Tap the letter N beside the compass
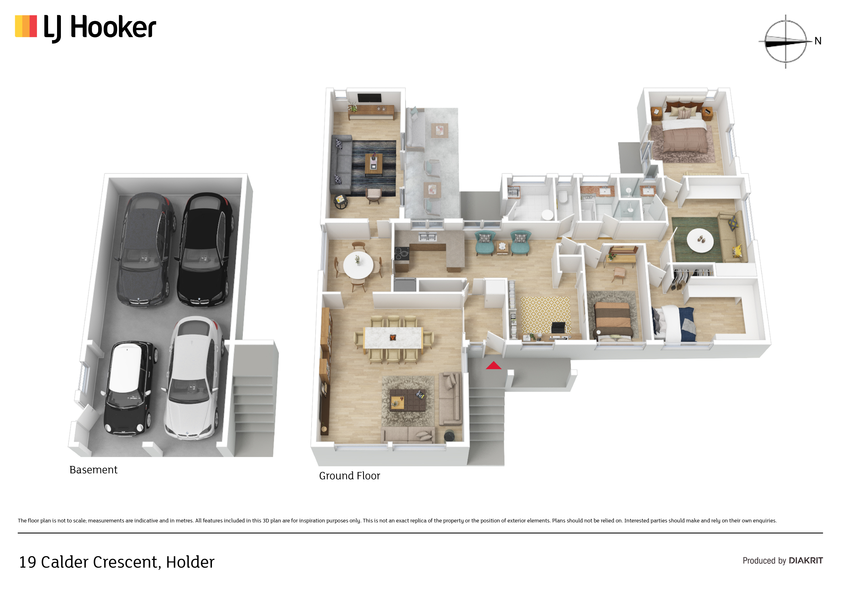point(818,41)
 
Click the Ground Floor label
point(350,476)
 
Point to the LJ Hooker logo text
point(100,28)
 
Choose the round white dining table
point(358,265)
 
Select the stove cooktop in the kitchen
point(402,253)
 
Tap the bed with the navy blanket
point(675,324)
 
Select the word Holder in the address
point(190,562)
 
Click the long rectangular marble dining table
point(393,338)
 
